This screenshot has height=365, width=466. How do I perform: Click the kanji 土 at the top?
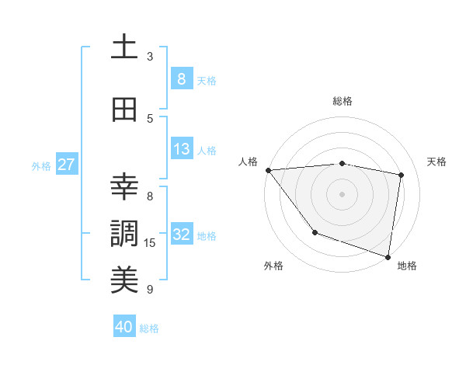124,47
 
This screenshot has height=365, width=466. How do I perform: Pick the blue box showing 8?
181,78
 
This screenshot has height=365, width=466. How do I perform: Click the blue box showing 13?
181,149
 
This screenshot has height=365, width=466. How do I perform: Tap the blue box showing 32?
182,235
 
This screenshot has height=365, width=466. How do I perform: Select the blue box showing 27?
67,165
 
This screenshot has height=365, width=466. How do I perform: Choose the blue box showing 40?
124,327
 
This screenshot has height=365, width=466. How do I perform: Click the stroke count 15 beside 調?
150,243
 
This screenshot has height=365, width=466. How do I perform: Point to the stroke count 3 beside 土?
150,57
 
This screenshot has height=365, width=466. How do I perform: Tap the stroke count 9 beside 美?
150,290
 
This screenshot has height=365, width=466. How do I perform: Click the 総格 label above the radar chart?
342,101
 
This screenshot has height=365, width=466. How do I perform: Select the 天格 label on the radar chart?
437,162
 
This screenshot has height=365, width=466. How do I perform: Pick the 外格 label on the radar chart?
273,266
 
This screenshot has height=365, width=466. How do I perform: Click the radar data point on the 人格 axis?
268,170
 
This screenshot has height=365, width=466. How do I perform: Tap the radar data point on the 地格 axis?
388,255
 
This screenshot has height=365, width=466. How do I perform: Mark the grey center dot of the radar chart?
342,193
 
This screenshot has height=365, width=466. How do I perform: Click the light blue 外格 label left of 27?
40,165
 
